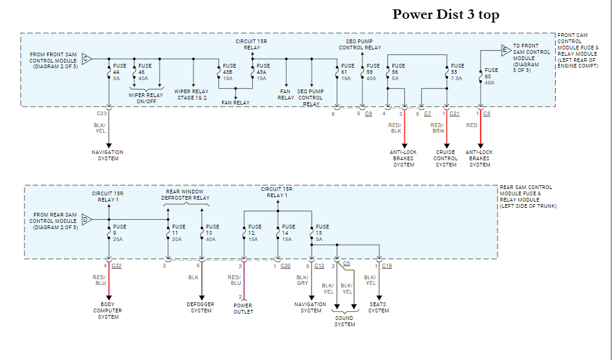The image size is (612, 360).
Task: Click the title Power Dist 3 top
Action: (x=446, y=14)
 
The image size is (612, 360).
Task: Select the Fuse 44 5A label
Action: (x=119, y=72)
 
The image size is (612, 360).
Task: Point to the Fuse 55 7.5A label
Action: (x=457, y=72)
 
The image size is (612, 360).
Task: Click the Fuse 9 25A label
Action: (x=119, y=233)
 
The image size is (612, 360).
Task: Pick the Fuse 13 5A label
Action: (x=322, y=233)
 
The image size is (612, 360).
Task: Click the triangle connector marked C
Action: (x=87, y=58)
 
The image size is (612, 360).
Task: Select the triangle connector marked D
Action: (x=87, y=219)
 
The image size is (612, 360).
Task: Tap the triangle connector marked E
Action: (x=505, y=49)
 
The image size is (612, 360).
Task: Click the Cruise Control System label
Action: (x=446, y=158)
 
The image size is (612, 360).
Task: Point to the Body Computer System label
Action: (x=108, y=311)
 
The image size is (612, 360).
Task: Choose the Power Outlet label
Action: (x=243, y=309)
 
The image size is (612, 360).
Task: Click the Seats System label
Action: (x=378, y=307)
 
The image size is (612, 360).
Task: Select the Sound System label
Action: (x=344, y=321)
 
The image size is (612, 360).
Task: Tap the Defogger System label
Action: (x=201, y=307)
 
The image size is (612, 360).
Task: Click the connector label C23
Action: (x=102, y=114)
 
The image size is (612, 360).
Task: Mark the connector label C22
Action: (x=116, y=266)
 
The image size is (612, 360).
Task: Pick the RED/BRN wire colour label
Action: (x=437, y=128)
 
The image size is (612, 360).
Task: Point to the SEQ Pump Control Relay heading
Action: (x=360, y=44)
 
